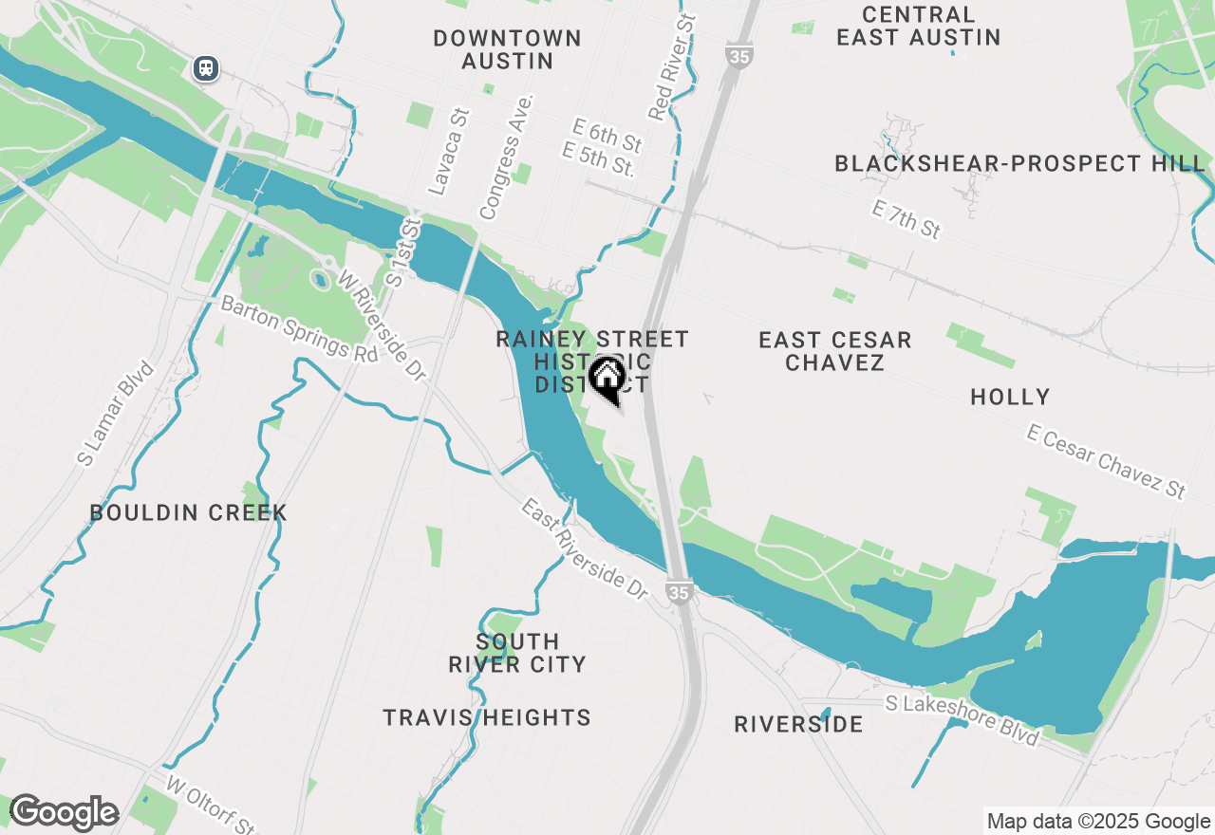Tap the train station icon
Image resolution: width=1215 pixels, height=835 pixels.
pyautogui.click(x=206, y=68)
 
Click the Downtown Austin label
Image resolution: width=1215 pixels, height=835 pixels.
pyautogui.click(x=507, y=49)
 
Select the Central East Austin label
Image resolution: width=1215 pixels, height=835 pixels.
pyautogui.click(x=918, y=27)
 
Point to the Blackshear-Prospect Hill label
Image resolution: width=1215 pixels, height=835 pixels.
pyautogui.click(x=1019, y=163)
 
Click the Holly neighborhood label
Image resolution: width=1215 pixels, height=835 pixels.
pyautogui.click(x=1010, y=397)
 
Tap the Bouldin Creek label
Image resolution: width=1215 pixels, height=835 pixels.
pyautogui.click(x=188, y=513)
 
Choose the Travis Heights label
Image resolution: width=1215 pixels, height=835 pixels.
pyautogui.click(x=487, y=718)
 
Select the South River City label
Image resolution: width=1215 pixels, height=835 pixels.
pyautogui.click(x=517, y=653)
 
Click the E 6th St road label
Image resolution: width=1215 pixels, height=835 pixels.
pyautogui.click(x=607, y=135)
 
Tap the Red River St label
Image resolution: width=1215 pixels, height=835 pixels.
pyautogui.click(x=672, y=67)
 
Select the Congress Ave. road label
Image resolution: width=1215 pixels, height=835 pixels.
pyautogui.click(x=507, y=157)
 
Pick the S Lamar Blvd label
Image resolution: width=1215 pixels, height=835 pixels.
pyautogui.click(x=116, y=413)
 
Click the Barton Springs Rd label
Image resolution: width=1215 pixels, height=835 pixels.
pyautogui.click(x=299, y=327)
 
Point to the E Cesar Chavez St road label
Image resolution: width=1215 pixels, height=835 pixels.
pyautogui.click(x=1106, y=462)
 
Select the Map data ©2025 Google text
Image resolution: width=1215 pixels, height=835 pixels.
pyautogui.click(x=1098, y=822)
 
